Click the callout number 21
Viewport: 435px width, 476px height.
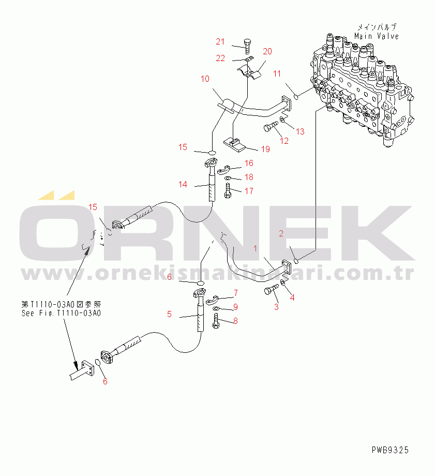click(x=221, y=42)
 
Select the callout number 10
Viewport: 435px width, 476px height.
click(x=205, y=79)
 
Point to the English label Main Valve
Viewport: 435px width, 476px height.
click(x=377, y=36)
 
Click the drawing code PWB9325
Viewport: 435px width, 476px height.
click(x=389, y=450)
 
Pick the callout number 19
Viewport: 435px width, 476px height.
click(x=265, y=150)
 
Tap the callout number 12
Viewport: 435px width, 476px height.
click(x=284, y=141)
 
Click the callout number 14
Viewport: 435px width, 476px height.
click(x=183, y=184)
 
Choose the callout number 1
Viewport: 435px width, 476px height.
click(x=255, y=249)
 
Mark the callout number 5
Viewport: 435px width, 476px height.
click(x=169, y=314)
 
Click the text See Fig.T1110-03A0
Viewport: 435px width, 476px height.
click(x=61, y=313)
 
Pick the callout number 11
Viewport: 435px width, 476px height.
click(x=277, y=73)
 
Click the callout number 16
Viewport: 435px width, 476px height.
click(x=249, y=163)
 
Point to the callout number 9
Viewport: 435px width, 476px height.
click(x=235, y=307)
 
